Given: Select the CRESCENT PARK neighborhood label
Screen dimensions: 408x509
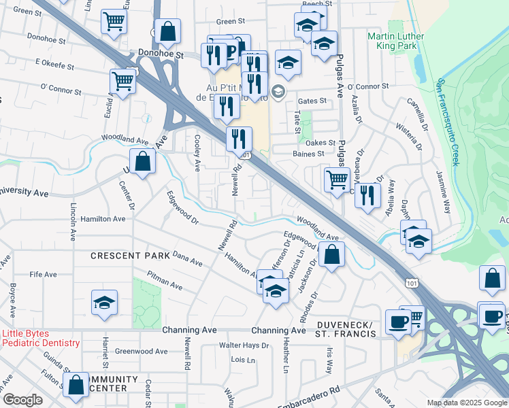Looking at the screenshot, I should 130,256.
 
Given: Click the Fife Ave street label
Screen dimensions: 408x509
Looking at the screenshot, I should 43,274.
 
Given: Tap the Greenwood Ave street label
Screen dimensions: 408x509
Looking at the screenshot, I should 141,352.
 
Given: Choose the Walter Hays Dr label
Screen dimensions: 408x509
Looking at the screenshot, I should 244,345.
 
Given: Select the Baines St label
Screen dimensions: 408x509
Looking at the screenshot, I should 309,154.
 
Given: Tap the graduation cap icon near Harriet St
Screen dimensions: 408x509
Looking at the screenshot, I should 105,303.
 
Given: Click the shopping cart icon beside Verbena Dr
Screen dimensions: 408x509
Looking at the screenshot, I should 337,180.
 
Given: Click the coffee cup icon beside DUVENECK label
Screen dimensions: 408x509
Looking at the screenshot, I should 398,322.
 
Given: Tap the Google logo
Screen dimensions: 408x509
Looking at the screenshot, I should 22,400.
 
